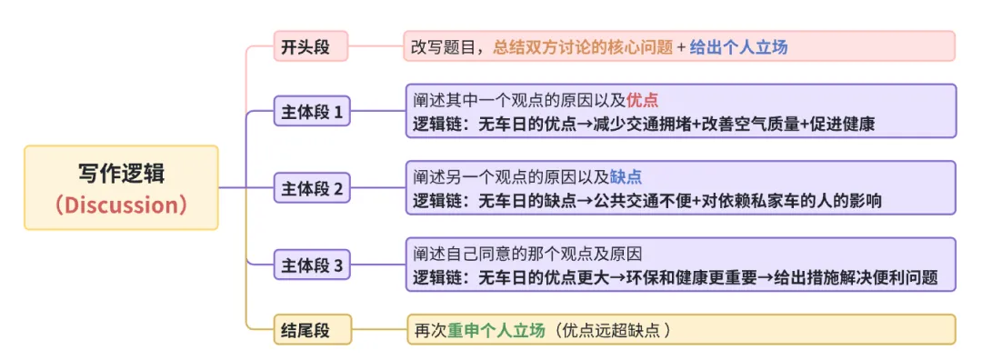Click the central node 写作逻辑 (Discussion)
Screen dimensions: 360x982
click(121, 187)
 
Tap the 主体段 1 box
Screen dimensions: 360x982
click(312, 113)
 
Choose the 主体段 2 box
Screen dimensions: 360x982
click(312, 189)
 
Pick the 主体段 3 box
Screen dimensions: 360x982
click(312, 265)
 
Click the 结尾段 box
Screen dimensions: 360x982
click(305, 330)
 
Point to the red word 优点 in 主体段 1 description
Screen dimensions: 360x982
click(643, 100)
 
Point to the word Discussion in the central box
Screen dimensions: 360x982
click(121, 205)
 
